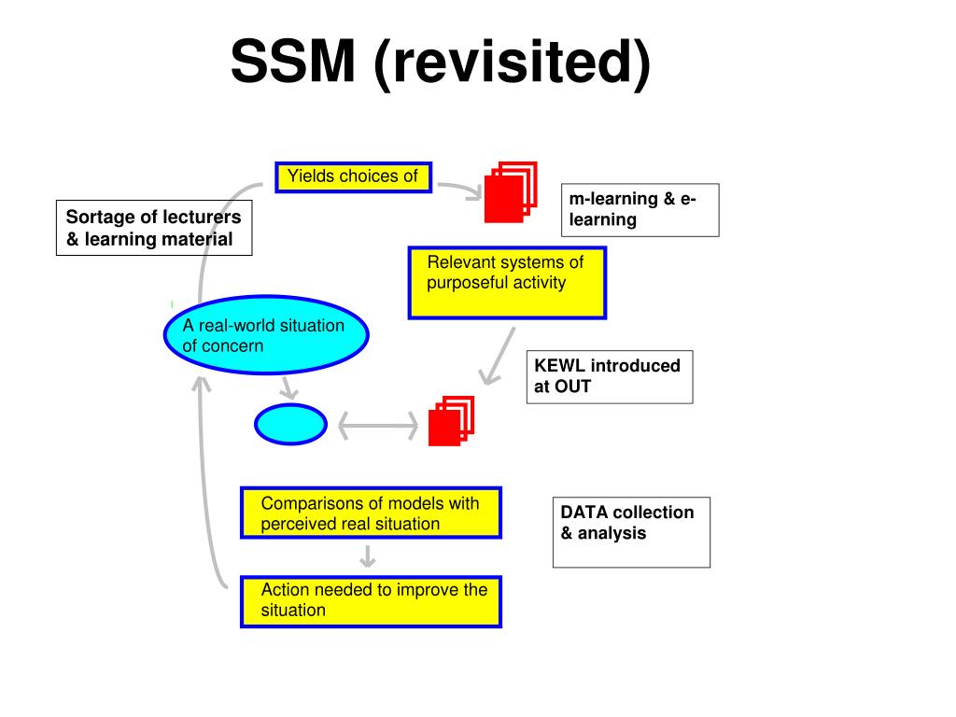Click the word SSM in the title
(292, 61)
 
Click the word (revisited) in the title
(513, 63)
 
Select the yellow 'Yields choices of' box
(354, 177)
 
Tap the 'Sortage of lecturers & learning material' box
(154, 228)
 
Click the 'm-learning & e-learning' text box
(640, 210)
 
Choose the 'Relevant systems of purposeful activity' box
(507, 283)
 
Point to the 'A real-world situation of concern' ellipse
(266, 335)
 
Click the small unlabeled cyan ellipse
(291, 425)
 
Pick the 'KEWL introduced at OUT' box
(610, 377)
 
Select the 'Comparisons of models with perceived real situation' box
(372, 513)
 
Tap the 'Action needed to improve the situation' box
(372, 602)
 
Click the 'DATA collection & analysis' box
(632, 532)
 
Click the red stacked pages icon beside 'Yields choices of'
(511, 192)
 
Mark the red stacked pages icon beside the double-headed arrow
(451, 421)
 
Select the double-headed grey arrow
(378, 426)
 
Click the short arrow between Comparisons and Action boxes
(367, 556)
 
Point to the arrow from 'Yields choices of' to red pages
(461, 190)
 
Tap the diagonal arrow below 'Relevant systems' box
(498, 356)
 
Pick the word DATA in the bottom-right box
(583, 513)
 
